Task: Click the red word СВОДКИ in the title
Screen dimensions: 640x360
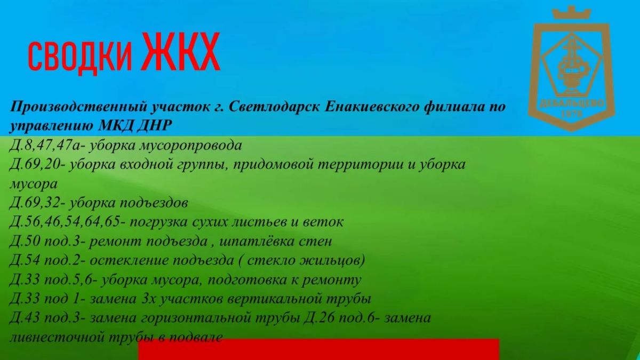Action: pyautogui.click(x=81, y=57)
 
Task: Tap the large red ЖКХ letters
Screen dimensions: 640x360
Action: pyautogui.click(x=181, y=51)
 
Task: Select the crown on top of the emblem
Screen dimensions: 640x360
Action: pyautogui.click(x=571, y=13)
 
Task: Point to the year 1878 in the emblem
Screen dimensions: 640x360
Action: pyautogui.click(x=572, y=115)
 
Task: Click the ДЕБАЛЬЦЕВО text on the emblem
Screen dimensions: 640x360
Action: pyautogui.click(x=572, y=103)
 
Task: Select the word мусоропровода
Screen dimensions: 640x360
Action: pyautogui.click(x=190, y=146)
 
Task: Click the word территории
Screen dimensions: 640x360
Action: pyautogui.click(x=360, y=165)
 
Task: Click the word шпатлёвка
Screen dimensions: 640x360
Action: pyautogui.click(x=257, y=242)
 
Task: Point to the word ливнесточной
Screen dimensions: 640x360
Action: pyautogui.click(x=57, y=338)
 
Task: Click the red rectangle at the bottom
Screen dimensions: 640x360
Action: pyautogui.click(x=319, y=349)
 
